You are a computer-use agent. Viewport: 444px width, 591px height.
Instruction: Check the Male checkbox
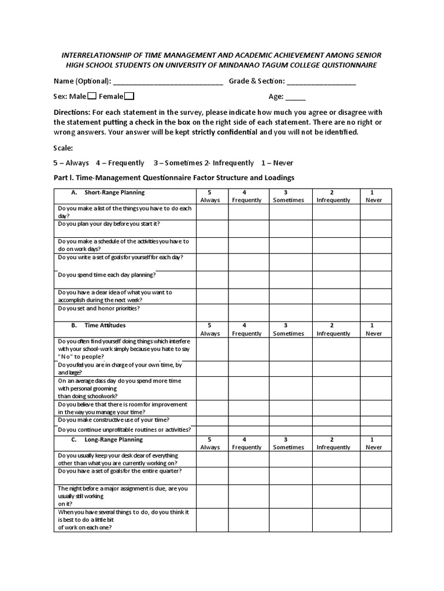(x=92, y=96)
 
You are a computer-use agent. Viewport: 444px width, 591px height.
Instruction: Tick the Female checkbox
(x=129, y=96)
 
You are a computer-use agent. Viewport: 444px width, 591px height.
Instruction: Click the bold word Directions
(x=72, y=112)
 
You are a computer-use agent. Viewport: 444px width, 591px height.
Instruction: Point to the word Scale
(x=63, y=148)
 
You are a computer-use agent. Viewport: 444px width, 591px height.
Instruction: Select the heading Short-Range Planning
(x=114, y=192)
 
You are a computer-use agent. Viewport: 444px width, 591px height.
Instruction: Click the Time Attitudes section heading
(x=105, y=326)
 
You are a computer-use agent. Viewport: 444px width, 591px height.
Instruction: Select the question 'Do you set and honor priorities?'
(x=99, y=308)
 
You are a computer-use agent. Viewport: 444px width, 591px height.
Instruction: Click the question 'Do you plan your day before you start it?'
(x=109, y=223)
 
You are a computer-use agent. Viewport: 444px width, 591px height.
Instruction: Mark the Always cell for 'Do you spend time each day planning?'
(x=212, y=279)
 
